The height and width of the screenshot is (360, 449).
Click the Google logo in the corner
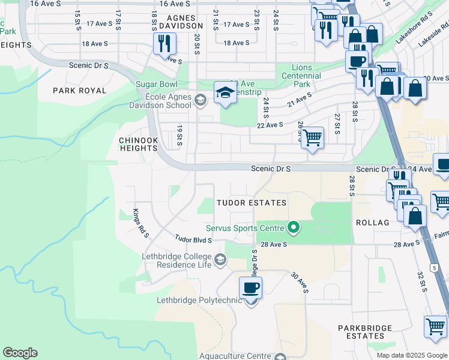(20, 353)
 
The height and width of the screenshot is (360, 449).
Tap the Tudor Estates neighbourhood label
(252, 203)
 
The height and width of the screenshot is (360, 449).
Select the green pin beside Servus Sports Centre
(294, 227)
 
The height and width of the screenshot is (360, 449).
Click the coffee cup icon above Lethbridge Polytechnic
(251, 287)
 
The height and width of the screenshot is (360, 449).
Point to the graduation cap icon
(225, 92)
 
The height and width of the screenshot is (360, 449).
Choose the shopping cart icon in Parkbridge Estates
(435, 326)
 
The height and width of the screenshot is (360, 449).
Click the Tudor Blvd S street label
(194, 239)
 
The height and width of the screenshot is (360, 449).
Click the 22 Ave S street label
(270, 125)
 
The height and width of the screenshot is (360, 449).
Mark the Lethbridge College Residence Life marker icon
(220, 259)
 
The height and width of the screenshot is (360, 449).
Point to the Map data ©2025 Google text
(412, 355)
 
